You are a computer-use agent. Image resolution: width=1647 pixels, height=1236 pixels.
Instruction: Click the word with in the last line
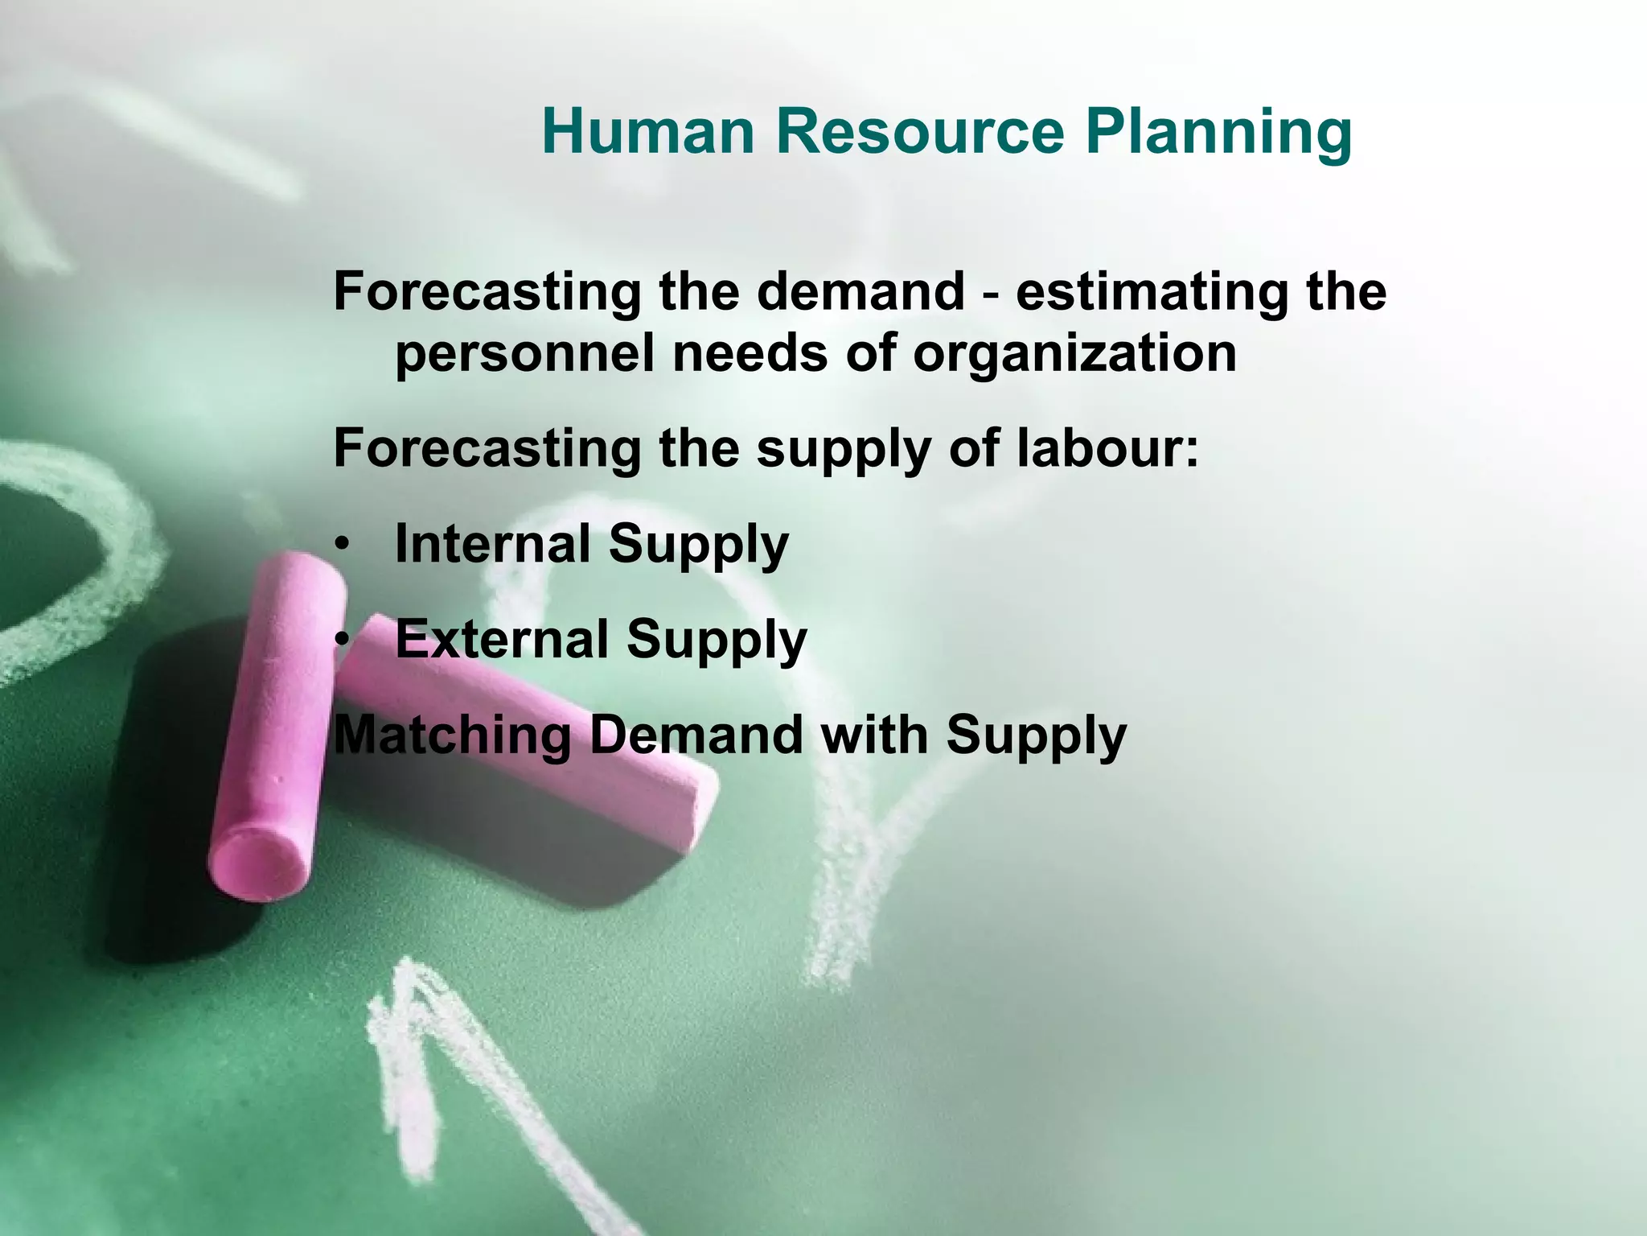coord(874,735)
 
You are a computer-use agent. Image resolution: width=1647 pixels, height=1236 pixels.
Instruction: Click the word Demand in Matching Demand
coord(695,735)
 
